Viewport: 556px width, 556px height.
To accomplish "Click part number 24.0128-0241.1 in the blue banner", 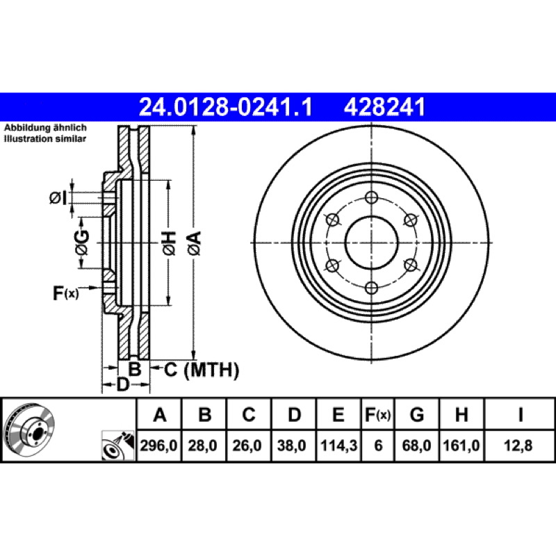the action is [225, 107].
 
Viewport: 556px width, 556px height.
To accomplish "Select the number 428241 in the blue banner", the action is [384, 107].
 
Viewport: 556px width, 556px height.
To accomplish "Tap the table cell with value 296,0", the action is [159, 445].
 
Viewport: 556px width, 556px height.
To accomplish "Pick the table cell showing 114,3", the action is [338, 445].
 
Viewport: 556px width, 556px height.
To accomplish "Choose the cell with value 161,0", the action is [461, 445].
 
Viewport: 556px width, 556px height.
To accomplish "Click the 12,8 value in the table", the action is [518, 445].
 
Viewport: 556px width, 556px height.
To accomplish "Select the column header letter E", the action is [338, 414].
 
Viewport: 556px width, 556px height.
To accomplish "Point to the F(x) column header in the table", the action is [378, 414].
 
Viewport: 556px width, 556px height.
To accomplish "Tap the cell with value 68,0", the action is [416, 445].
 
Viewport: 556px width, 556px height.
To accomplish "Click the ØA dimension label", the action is [195, 243].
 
